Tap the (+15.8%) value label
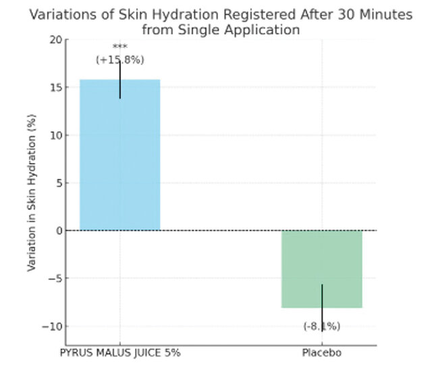point(119,59)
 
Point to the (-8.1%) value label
point(321,326)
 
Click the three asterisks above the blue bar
point(120,47)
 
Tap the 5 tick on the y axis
point(58,183)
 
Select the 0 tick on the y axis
point(58,230)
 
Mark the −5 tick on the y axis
point(55,278)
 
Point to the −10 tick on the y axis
point(53,326)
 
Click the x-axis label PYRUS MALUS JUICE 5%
point(120,353)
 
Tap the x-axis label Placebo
point(321,353)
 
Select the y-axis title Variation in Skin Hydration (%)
point(32,193)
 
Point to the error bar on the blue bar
point(120,80)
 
